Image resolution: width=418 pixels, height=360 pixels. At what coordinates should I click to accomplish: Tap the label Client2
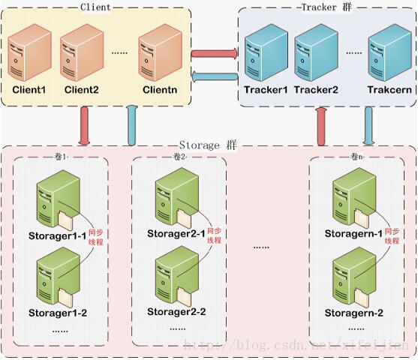[x=81, y=90]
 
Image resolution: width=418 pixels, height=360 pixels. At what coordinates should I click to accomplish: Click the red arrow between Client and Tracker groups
[x=215, y=54]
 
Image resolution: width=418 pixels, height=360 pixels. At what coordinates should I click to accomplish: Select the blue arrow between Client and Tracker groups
[x=215, y=76]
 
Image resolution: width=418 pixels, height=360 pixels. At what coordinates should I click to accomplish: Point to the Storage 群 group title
[x=208, y=144]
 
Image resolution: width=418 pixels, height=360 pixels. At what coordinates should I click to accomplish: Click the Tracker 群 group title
[x=325, y=7]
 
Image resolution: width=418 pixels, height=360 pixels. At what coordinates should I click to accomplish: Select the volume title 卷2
[x=179, y=157]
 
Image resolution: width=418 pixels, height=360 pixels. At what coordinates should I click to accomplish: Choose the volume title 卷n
[x=357, y=157]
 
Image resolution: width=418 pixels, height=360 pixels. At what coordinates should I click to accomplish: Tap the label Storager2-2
[x=176, y=311]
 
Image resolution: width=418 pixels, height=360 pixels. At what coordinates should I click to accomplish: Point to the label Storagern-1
[x=353, y=234]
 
